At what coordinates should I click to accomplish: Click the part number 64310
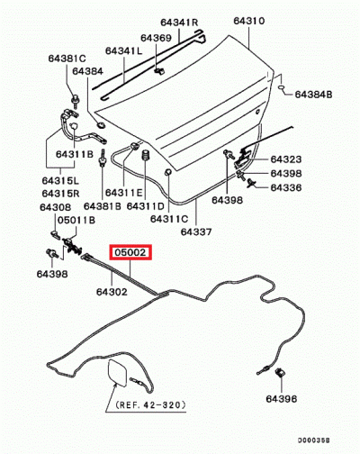(250, 19)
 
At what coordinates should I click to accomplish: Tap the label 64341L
(128, 51)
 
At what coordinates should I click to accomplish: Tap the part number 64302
(112, 292)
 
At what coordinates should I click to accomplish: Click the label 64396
(281, 397)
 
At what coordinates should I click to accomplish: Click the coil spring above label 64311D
(144, 166)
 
